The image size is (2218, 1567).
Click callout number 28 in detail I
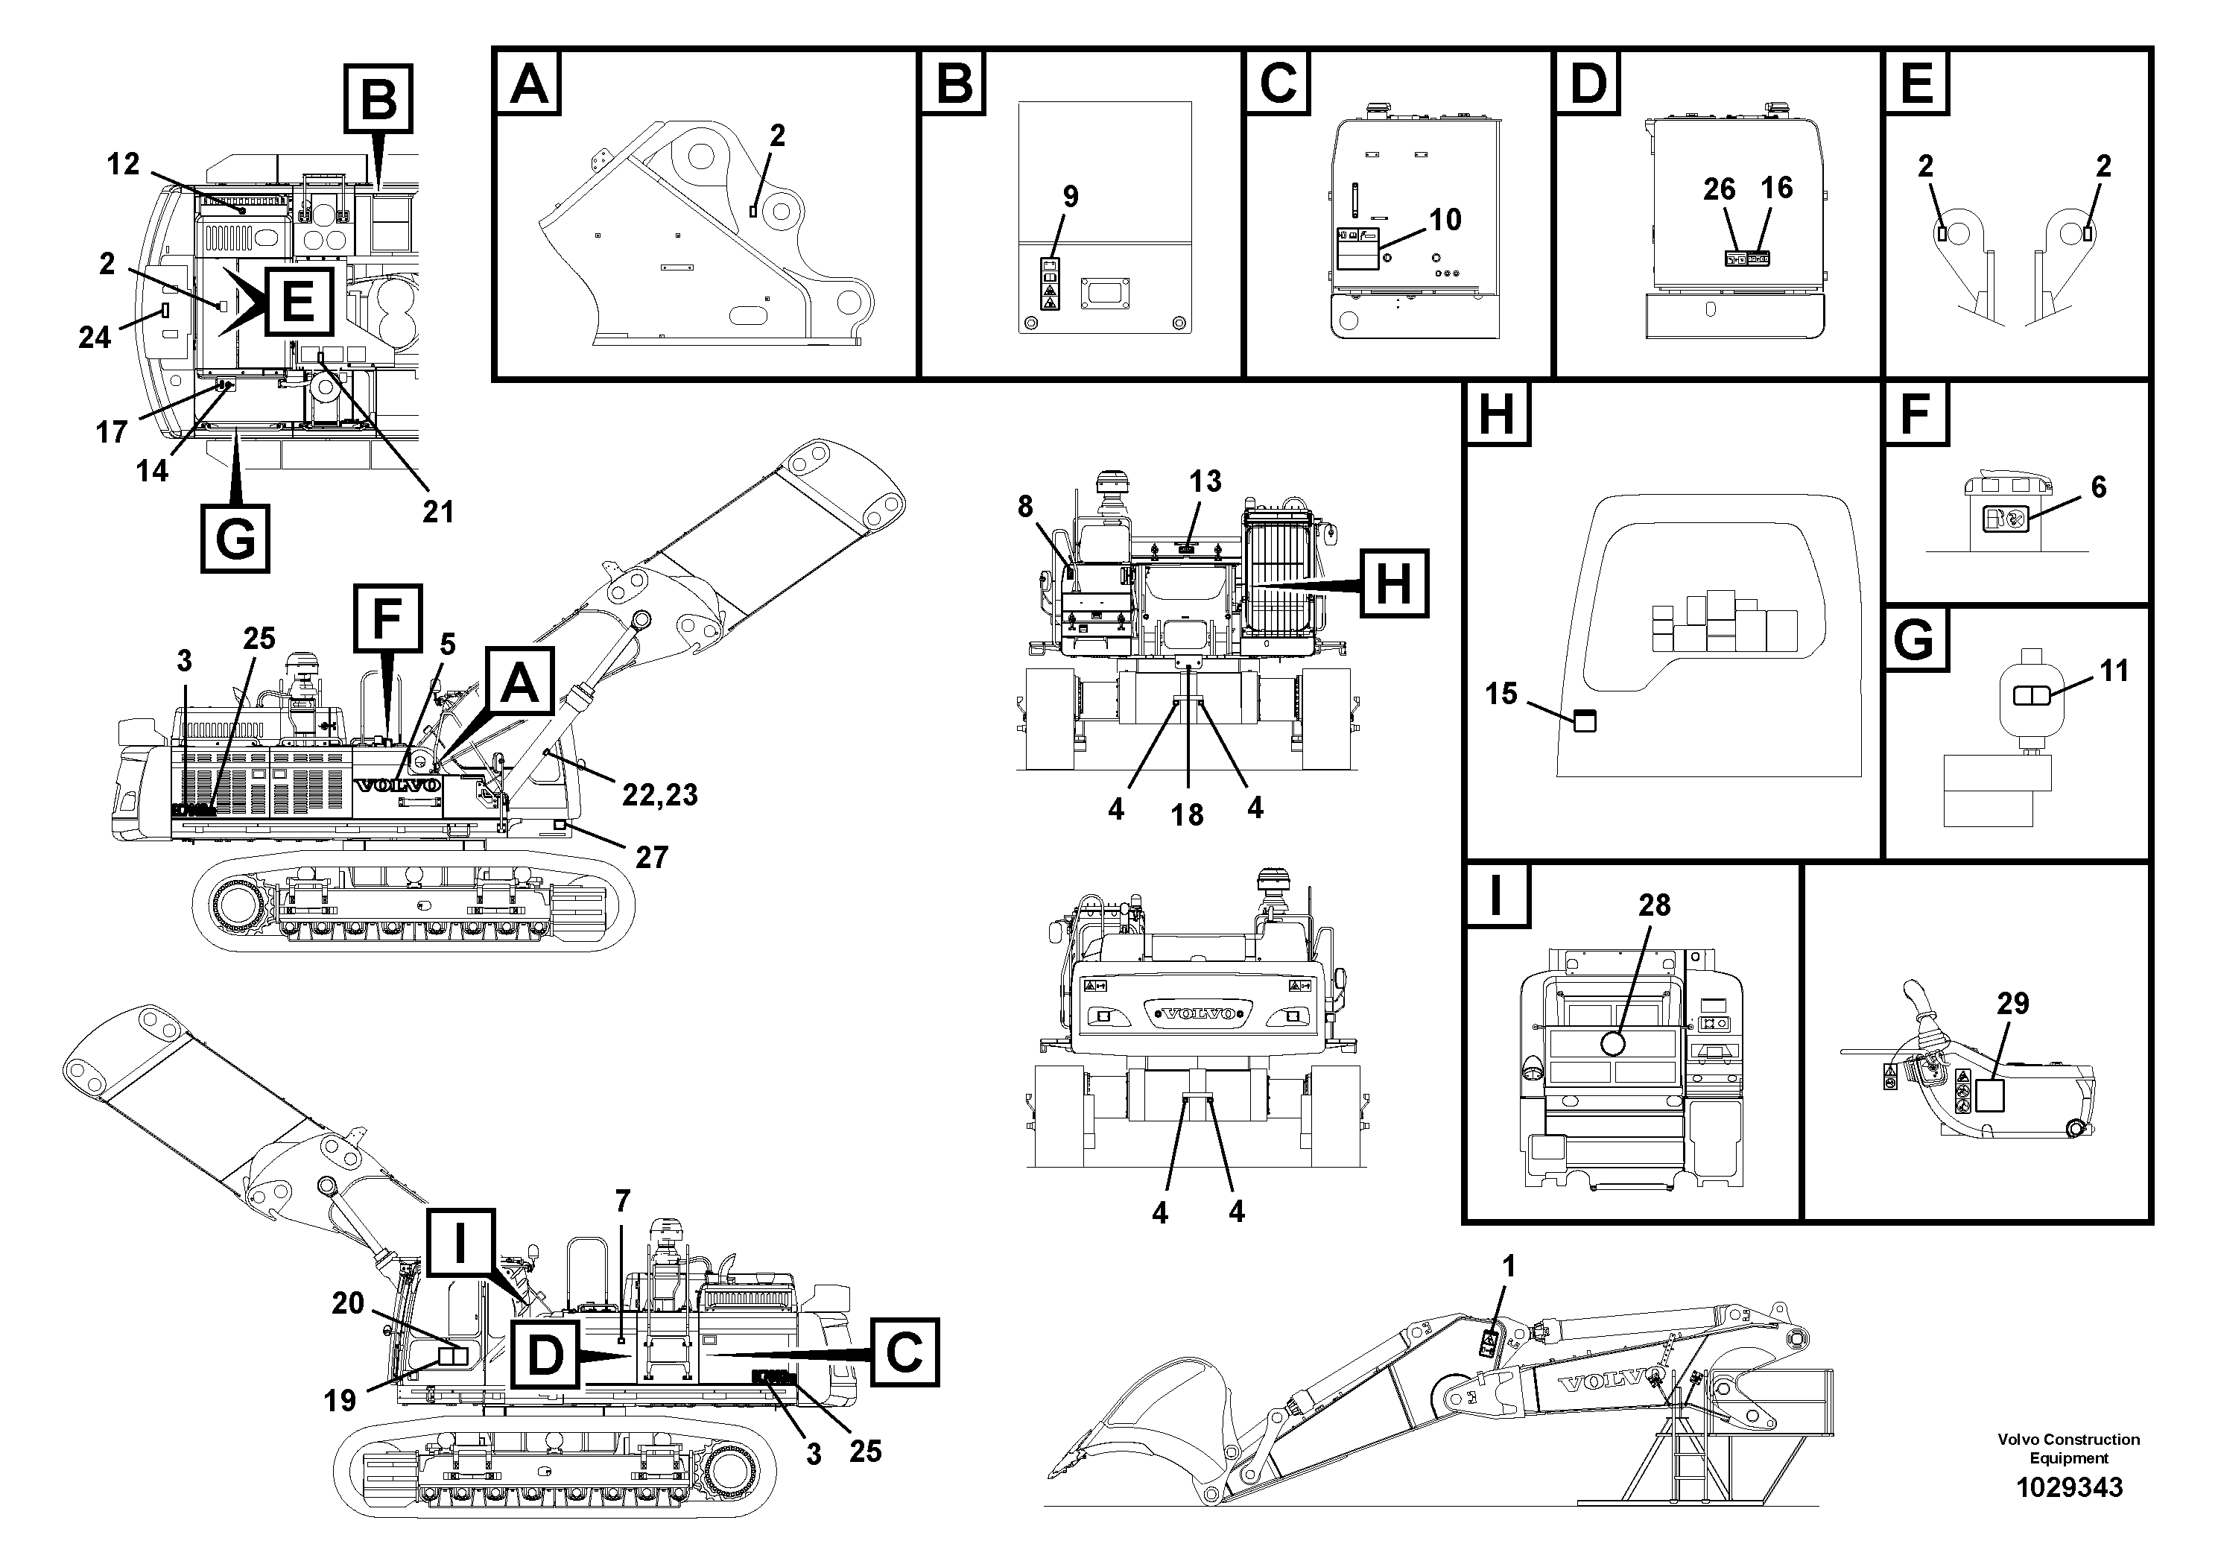[1654, 905]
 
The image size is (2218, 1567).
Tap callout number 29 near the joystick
[2012, 1004]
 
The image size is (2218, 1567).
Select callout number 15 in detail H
[1501, 694]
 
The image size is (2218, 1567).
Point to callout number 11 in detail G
[2114, 671]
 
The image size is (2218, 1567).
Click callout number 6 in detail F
[2098, 487]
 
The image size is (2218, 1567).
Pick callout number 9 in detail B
[1071, 197]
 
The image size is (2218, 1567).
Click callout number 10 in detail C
[1445, 219]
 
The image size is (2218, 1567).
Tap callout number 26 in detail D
[1719, 189]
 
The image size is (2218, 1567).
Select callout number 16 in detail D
[1776, 188]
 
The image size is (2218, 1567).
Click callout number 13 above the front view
[1205, 481]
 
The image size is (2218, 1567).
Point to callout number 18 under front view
[1188, 814]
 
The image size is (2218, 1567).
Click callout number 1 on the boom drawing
[1509, 1265]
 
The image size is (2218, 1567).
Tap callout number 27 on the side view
[652, 857]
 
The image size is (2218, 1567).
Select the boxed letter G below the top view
[235, 538]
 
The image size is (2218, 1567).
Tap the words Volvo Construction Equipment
[2068, 1449]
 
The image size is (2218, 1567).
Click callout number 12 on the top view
[124, 164]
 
